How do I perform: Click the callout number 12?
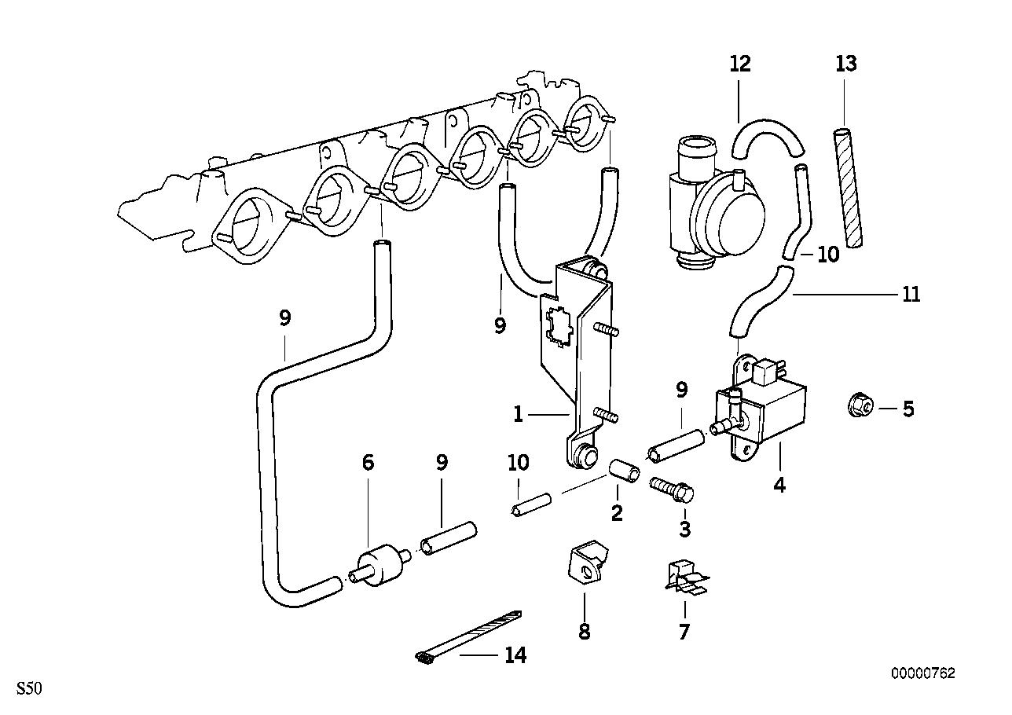(x=739, y=64)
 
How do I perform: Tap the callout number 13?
(x=845, y=64)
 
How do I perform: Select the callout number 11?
(x=911, y=295)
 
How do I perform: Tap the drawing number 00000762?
(x=922, y=673)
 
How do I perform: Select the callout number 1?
(x=518, y=414)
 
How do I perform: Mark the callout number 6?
(x=367, y=463)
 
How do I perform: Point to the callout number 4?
(x=779, y=486)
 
